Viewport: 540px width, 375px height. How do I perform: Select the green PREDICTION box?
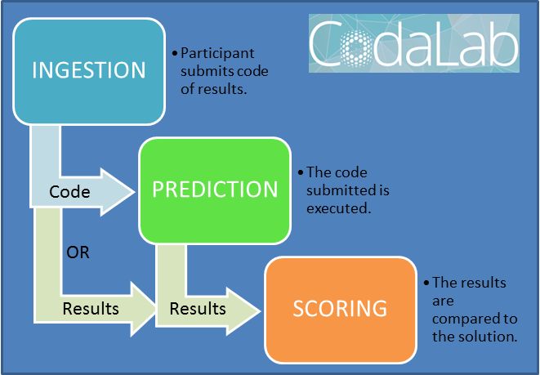(x=215, y=190)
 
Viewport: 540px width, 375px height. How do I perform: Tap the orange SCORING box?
(x=341, y=308)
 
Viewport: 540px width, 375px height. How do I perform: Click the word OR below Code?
(x=77, y=252)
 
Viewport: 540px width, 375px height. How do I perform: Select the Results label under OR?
(x=90, y=309)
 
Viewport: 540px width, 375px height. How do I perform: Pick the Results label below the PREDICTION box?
(x=198, y=309)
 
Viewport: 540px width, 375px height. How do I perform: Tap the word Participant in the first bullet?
(x=216, y=52)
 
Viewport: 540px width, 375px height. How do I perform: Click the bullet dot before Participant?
(x=175, y=53)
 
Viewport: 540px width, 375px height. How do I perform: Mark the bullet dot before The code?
(x=301, y=173)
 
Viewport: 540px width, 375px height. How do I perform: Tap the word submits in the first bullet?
(x=205, y=70)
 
